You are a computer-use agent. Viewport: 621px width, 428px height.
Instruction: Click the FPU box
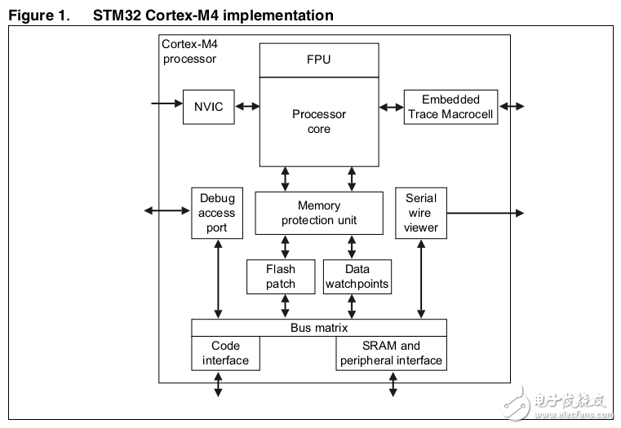click(319, 60)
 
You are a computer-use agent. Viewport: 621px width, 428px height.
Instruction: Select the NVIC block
click(208, 106)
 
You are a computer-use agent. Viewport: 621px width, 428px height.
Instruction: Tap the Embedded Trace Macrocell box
click(451, 107)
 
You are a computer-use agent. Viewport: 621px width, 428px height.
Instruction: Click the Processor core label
click(319, 121)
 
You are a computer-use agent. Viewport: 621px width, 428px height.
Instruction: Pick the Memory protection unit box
click(319, 213)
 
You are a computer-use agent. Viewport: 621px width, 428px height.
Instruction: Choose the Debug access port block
click(216, 213)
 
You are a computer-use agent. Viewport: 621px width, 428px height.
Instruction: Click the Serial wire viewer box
click(421, 213)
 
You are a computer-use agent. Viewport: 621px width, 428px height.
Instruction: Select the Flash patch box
click(281, 276)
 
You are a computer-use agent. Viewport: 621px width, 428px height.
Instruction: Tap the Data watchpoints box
click(357, 276)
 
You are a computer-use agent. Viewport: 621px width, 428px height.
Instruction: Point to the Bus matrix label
click(319, 328)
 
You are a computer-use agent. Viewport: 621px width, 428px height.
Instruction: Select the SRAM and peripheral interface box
click(391, 353)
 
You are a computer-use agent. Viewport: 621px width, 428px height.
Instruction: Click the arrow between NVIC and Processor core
click(246, 106)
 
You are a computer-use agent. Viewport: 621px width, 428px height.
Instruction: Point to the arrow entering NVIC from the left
click(167, 104)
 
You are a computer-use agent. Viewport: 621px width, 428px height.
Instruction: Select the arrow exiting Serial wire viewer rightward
click(485, 213)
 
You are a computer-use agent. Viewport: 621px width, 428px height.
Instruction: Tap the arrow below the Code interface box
click(218, 384)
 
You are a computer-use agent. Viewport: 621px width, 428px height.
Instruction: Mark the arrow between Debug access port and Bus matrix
click(218, 279)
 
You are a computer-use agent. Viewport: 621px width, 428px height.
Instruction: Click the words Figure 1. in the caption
click(37, 15)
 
